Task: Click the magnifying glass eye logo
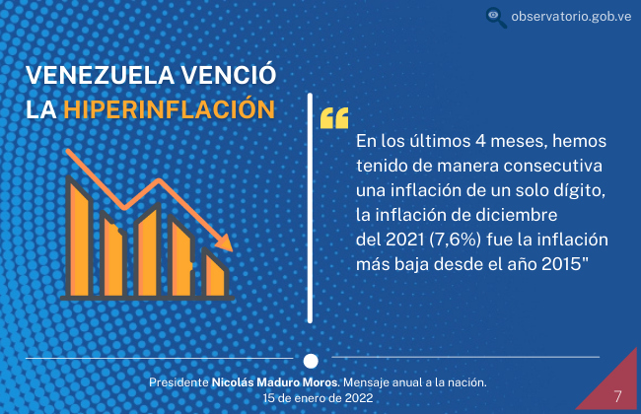point(496,18)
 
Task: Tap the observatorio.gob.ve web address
point(571,17)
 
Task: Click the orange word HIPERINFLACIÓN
point(170,109)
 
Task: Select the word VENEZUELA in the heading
point(101,75)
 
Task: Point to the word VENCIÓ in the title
point(229,74)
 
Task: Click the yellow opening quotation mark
point(334,118)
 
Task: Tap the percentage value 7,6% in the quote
point(456,240)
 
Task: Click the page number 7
point(617,396)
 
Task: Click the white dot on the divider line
point(311,361)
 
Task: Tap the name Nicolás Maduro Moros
point(275,382)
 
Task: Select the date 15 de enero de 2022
point(319,398)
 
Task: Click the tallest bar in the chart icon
point(79,237)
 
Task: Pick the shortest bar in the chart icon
point(215,272)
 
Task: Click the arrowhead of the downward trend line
point(225,242)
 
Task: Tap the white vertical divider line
point(310,208)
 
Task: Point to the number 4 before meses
point(480,141)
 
